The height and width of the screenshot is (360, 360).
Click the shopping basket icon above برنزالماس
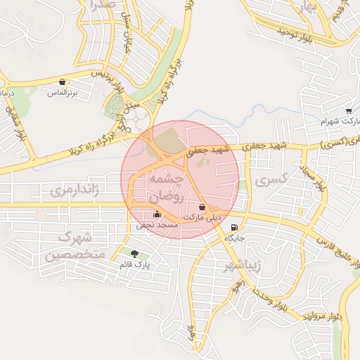click(x=63, y=82)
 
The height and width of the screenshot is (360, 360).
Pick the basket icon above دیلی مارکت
click(x=202, y=207)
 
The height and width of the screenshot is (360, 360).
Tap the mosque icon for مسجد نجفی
click(x=156, y=214)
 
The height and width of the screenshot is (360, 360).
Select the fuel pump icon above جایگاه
click(x=233, y=226)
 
